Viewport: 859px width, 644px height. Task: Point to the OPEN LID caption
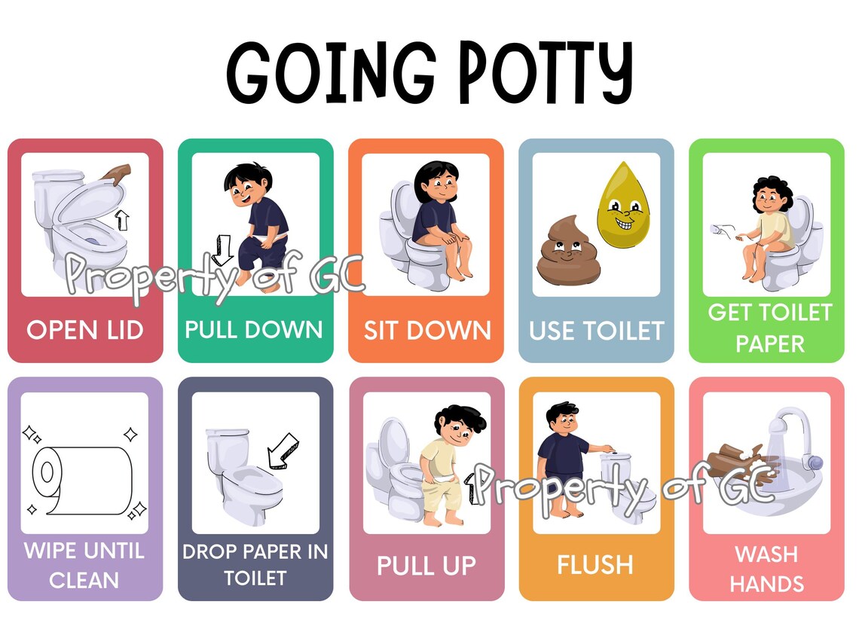(x=84, y=330)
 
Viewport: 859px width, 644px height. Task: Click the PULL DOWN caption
(x=254, y=329)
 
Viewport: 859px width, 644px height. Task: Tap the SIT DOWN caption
(x=426, y=330)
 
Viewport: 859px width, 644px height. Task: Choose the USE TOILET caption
(x=596, y=330)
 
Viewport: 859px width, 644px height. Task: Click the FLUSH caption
(x=595, y=565)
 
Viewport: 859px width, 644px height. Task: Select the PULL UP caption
(x=426, y=566)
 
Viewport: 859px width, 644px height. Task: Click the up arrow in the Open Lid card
(x=122, y=219)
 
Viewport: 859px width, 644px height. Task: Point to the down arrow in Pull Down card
(x=222, y=249)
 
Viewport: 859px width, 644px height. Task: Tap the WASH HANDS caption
(x=766, y=569)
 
